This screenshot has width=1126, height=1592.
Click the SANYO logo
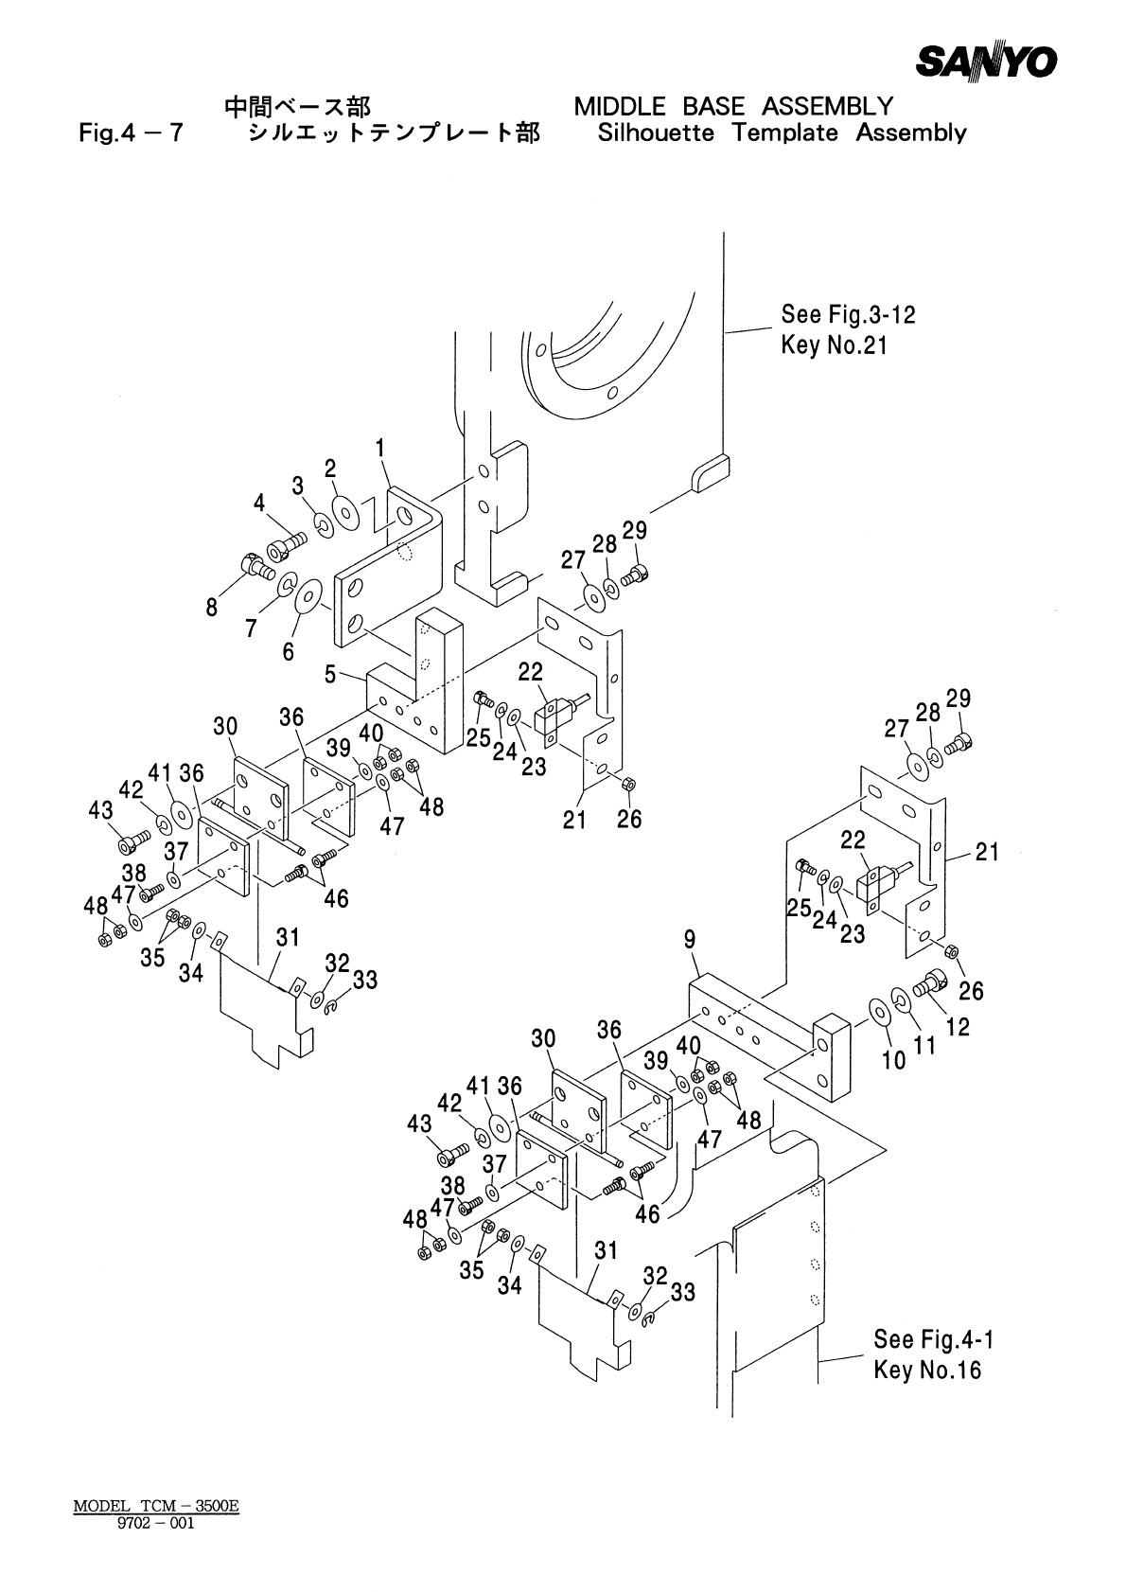click(986, 62)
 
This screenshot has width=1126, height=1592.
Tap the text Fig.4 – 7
click(131, 133)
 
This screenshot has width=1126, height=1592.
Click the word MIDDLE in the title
click(620, 107)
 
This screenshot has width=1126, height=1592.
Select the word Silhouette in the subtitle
click(656, 133)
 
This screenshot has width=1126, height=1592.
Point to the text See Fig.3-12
click(848, 314)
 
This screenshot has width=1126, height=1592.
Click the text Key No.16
click(927, 1370)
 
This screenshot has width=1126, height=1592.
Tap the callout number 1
click(380, 449)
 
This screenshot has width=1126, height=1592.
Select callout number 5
click(330, 674)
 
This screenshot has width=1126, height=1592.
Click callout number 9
click(690, 940)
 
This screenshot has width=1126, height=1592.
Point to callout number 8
click(212, 608)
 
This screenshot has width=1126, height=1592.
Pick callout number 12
click(958, 1027)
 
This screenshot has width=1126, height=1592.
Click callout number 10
click(893, 1060)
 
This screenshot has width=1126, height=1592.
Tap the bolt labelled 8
click(258, 567)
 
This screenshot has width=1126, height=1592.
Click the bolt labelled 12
click(929, 985)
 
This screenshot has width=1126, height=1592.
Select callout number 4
click(259, 504)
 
